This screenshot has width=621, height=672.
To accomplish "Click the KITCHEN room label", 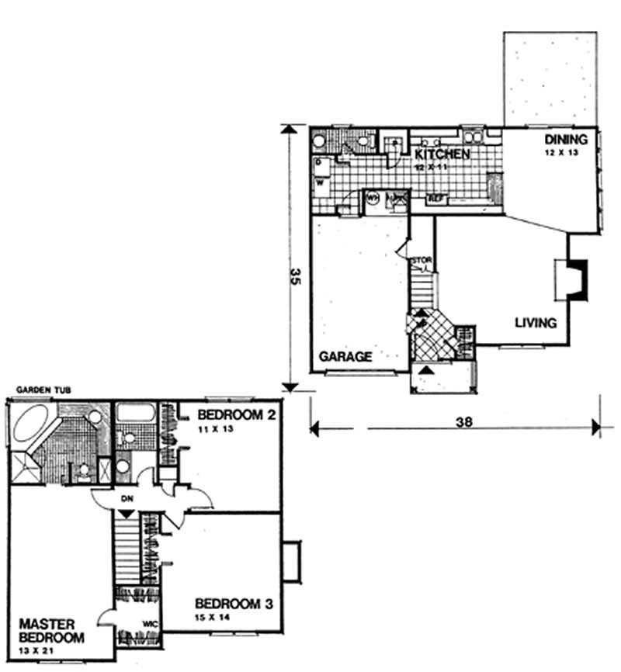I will pyautogui.click(x=440, y=154).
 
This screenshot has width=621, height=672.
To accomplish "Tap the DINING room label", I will pyautogui.click(x=562, y=140).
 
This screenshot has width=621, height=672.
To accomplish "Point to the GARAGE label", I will pyautogui.click(x=345, y=357).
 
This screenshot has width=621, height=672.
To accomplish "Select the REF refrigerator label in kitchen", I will pyautogui.click(x=436, y=199).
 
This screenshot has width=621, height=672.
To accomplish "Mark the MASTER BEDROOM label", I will pyautogui.click(x=46, y=630).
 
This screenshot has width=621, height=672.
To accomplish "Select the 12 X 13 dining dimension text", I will pyautogui.click(x=562, y=154).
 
